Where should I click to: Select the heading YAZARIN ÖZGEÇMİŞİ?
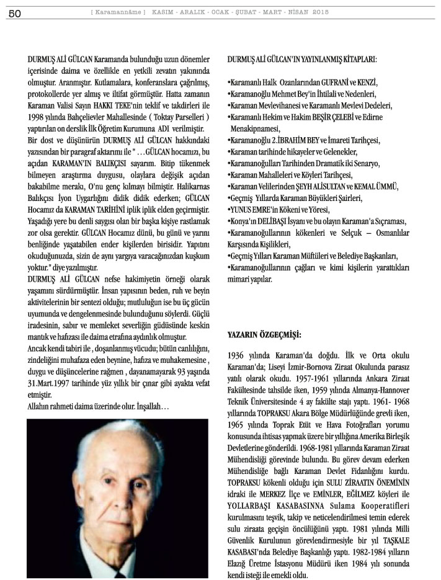tap(264, 334)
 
